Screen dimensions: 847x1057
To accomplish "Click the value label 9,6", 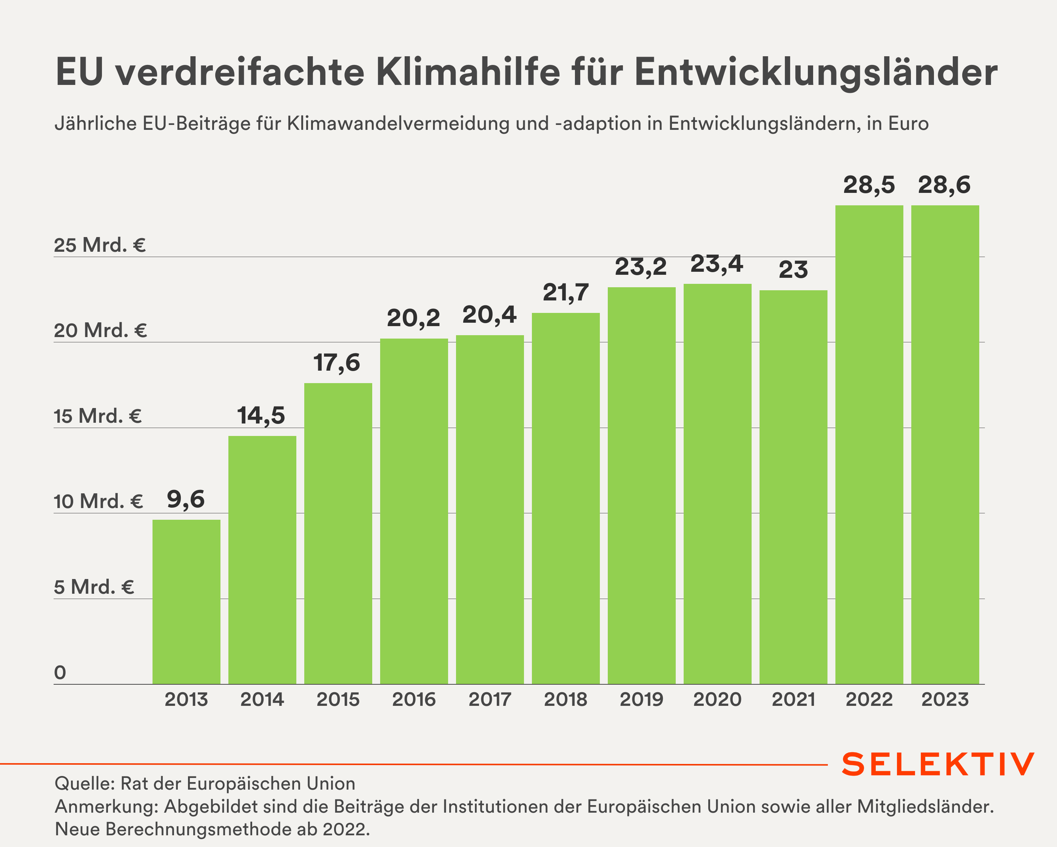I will point(186,499).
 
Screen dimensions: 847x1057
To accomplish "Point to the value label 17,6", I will point(337,363).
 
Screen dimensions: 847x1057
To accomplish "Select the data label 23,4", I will point(717,264).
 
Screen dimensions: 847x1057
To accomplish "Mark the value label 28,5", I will point(869,185).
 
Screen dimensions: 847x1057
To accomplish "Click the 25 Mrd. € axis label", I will point(100,245).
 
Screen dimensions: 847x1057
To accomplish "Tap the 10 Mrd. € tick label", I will point(99,501).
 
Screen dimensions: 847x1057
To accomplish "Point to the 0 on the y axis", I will point(60,673).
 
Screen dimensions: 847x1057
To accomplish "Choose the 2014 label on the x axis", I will point(262,699).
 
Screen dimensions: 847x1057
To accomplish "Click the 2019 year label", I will point(641,699).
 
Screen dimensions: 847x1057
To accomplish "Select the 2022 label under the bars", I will point(869,699).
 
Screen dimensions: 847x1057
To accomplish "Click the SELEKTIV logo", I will point(938,764).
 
